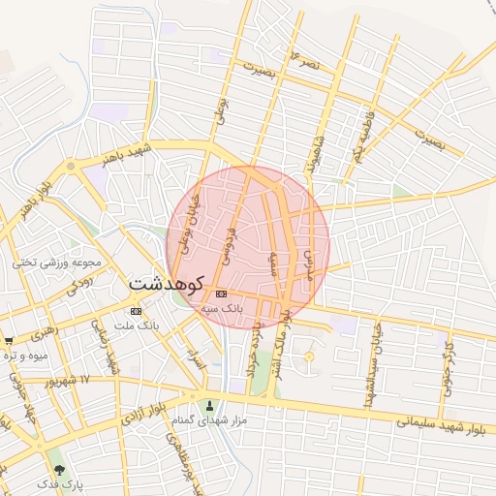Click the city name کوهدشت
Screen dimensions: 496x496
(166, 285)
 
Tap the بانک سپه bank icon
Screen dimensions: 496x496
(222, 294)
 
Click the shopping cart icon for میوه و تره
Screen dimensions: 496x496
(9, 341)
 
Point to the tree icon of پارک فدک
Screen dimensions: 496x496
(60, 469)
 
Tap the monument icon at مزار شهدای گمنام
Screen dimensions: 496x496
(210, 405)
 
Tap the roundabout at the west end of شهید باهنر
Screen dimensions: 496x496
(70, 169)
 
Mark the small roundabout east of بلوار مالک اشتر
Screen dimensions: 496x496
(309, 357)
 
